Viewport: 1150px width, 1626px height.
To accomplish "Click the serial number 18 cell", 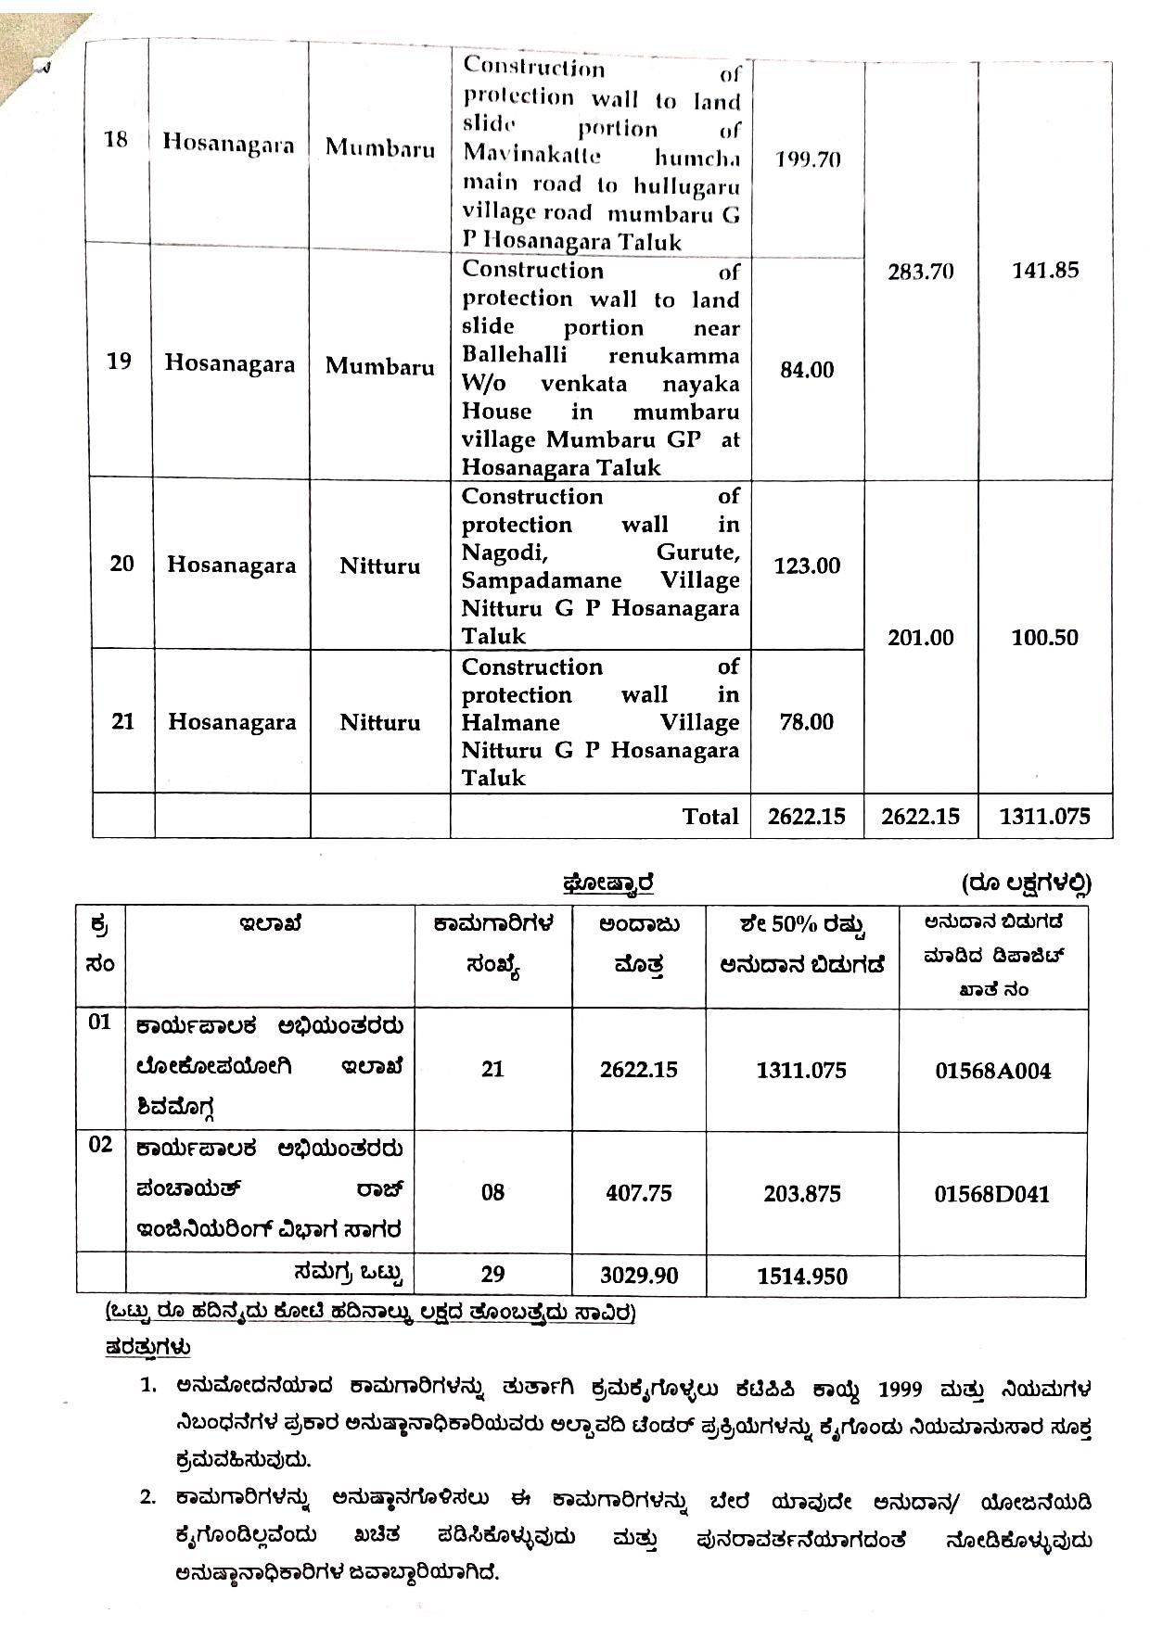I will (116, 140).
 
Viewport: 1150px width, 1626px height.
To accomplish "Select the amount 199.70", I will (808, 159).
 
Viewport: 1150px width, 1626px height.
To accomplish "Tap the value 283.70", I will (920, 273).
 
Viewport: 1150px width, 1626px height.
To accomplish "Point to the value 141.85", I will (1045, 270).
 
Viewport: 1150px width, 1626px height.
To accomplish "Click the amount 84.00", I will (807, 370).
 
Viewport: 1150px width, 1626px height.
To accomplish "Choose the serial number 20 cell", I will (121, 564).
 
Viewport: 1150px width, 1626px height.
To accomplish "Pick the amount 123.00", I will (807, 565).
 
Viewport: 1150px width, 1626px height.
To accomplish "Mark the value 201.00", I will (920, 638).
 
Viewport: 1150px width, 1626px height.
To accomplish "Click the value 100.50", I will (1045, 638).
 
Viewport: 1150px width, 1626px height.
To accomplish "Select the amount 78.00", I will (807, 722).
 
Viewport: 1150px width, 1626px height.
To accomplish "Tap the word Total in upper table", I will (710, 817).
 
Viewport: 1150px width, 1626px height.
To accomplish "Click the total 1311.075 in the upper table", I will (1045, 817).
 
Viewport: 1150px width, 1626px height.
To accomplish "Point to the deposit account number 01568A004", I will (992, 1072).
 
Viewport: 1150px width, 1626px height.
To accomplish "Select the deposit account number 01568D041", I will (991, 1194).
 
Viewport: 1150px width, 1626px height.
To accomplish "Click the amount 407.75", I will (638, 1193).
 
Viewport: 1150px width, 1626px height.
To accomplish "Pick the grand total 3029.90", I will (639, 1276).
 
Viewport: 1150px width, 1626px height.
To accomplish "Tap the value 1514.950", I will (802, 1277).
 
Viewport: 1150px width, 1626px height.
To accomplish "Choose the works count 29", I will (492, 1275).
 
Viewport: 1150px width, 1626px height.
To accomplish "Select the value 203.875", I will (802, 1194).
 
